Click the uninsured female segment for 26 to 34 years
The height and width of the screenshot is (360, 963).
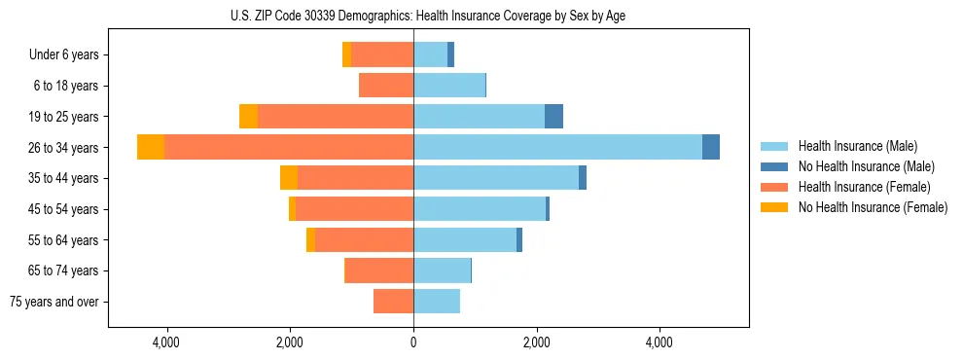click(x=151, y=147)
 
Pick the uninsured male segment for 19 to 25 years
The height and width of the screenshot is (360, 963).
click(x=553, y=117)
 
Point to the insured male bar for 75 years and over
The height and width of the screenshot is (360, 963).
click(x=437, y=302)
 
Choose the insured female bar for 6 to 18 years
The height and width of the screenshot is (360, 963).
click(x=386, y=86)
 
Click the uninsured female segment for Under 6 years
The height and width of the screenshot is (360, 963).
click(x=347, y=54)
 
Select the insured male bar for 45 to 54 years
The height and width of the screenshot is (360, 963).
click(x=480, y=209)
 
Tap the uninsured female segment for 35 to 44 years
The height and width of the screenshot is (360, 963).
click(x=289, y=178)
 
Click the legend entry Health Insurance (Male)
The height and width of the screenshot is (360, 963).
click(x=857, y=146)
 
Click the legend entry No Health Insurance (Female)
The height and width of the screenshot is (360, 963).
click(x=873, y=207)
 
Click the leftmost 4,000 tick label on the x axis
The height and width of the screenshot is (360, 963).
click(x=166, y=342)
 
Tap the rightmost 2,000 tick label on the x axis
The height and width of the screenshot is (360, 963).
click(x=536, y=342)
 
